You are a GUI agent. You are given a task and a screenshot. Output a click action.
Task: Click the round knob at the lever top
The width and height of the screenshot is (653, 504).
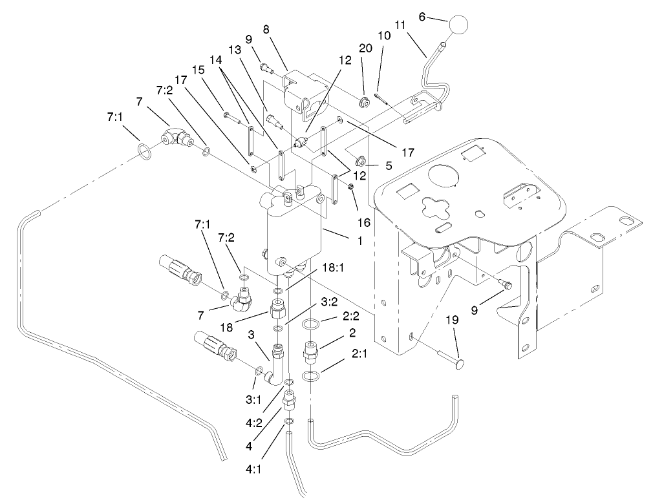click(x=460, y=26)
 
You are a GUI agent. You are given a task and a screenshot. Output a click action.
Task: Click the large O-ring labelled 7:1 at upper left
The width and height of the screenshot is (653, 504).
click(x=147, y=154)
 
